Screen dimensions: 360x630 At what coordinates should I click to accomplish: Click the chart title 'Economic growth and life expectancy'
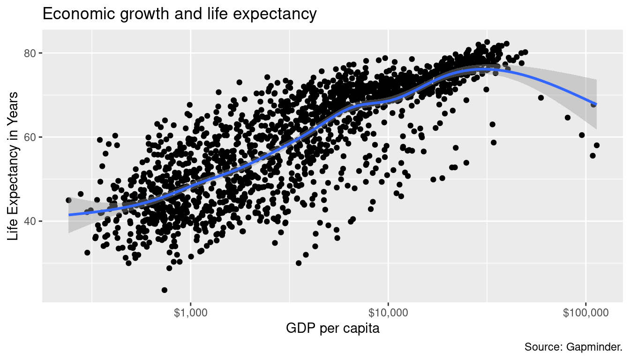pos(180,14)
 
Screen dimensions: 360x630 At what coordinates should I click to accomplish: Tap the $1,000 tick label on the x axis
pos(190,313)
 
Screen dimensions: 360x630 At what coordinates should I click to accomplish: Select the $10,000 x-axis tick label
pos(388,313)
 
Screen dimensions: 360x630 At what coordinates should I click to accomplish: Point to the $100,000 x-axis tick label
pos(585,313)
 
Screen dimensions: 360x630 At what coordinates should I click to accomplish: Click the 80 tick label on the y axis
pos(30,53)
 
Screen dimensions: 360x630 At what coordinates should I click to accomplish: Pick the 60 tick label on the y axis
pos(30,137)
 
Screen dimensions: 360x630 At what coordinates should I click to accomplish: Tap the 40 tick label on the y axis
pos(30,221)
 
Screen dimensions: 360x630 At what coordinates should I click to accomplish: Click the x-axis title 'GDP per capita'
pos(332,329)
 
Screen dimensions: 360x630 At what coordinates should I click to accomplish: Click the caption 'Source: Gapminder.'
pos(573,347)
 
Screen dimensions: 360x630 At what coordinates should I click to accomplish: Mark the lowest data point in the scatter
pos(165,290)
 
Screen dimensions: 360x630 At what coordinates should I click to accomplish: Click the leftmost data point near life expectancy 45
pos(68,200)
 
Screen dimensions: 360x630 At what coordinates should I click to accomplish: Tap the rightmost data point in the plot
pos(596,145)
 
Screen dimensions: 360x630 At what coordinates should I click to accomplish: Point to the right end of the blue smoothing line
pos(596,104)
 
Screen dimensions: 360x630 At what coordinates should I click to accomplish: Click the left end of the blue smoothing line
pos(69,215)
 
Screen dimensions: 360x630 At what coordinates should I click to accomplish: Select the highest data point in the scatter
pos(487,42)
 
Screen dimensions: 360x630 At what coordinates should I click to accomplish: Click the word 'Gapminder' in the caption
pos(594,347)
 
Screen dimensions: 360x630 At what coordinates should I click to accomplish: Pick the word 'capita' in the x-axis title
pos(363,329)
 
